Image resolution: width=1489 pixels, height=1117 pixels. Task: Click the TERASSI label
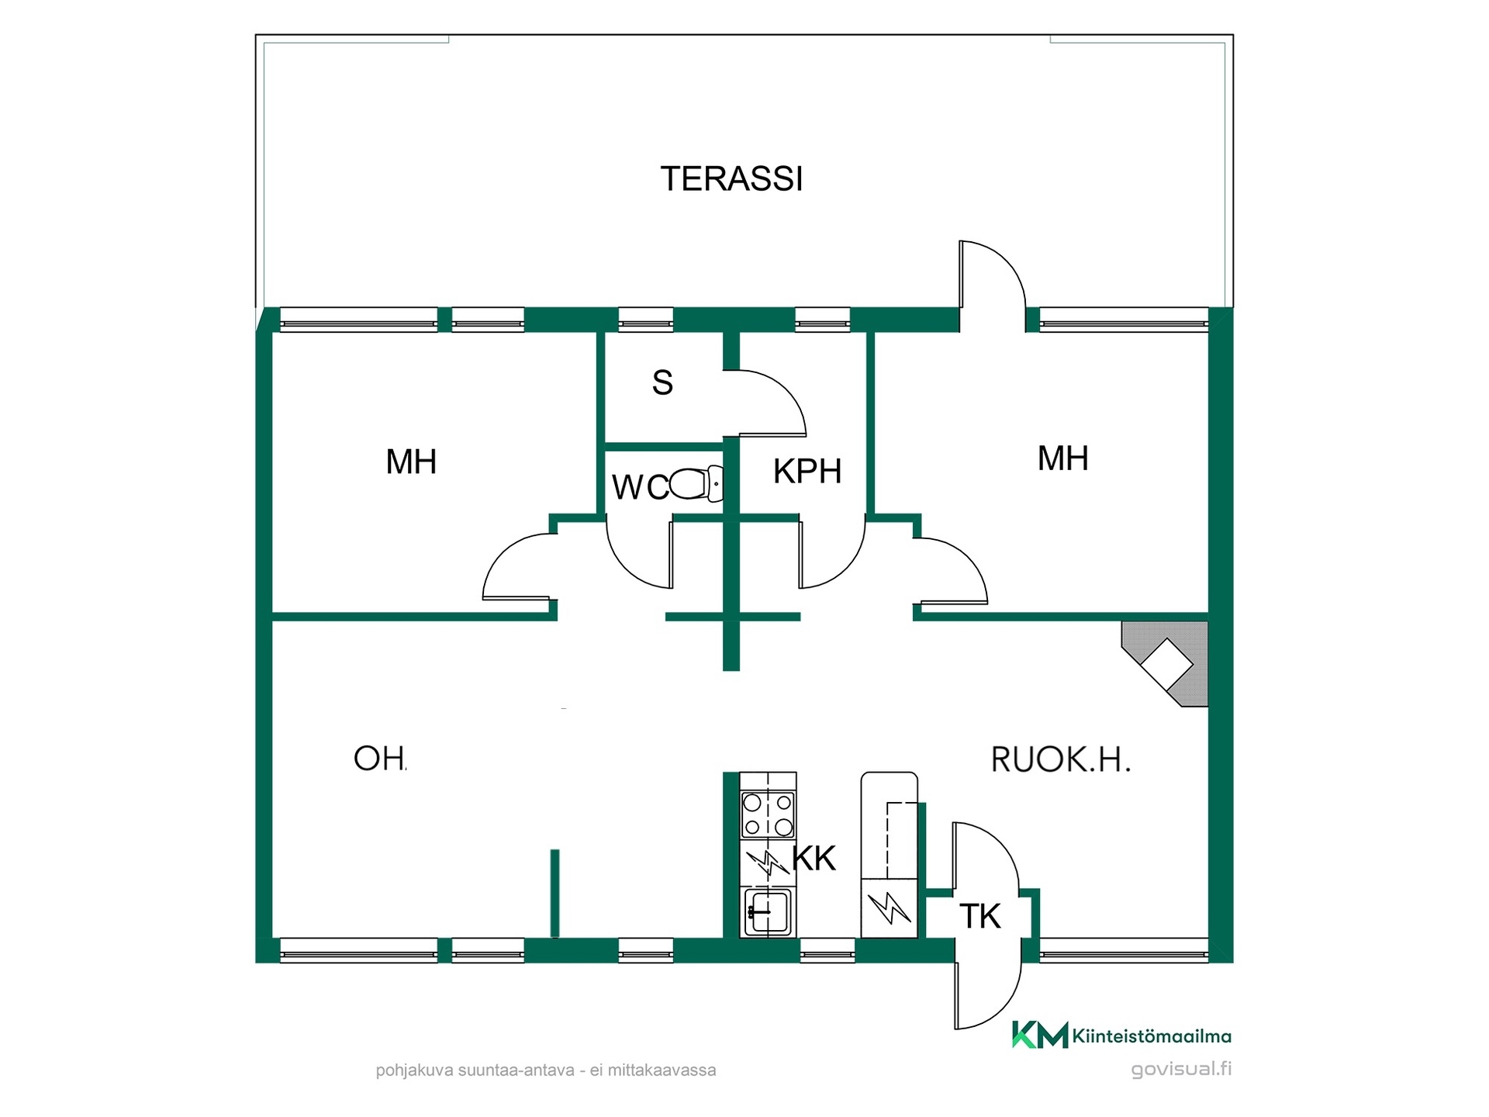pos(731,178)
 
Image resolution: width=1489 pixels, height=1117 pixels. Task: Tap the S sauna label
pos(662,382)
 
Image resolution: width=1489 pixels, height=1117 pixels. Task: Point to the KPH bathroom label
pos(807,471)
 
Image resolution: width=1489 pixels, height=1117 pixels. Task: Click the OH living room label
pos(379,759)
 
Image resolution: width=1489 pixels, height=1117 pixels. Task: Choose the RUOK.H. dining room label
pos(1061,759)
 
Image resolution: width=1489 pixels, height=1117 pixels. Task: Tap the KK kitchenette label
pos(814,859)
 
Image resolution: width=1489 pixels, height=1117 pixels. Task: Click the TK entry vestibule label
pos(980,916)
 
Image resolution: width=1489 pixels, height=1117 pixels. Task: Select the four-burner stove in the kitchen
pos(768,814)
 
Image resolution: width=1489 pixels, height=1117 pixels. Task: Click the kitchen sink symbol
pos(768,912)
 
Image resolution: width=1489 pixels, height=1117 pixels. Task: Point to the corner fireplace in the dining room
pos(1165,664)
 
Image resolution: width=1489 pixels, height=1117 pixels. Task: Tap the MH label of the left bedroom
pos(411,462)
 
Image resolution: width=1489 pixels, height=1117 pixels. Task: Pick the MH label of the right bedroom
pos(1062,458)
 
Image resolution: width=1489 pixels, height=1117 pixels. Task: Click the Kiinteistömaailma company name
pos(1152,1036)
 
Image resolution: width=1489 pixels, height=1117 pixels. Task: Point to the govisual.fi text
pos(1181,1069)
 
